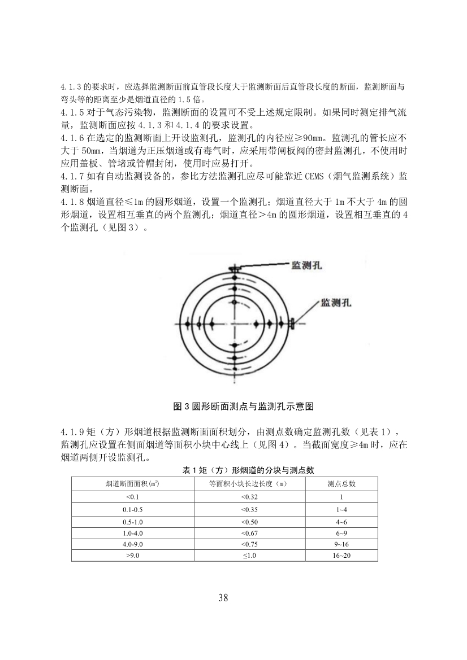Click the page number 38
click(x=223, y=598)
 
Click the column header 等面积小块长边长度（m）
click(x=249, y=484)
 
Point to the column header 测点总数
click(x=341, y=484)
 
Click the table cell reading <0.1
click(x=133, y=497)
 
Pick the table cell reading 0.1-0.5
click(x=133, y=510)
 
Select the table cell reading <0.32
click(x=249, y=497)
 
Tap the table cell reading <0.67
click(x=249, y=533)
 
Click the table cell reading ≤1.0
click(x=249, y=556)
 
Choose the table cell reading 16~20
click(x=341, y=556)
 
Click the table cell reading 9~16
click(x=341, y=544)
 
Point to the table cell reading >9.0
click(x=133, y=556)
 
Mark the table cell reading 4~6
click(x=341, y=522)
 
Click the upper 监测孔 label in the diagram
click(x=307, y=265)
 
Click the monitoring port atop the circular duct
click(x=233, y=270)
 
